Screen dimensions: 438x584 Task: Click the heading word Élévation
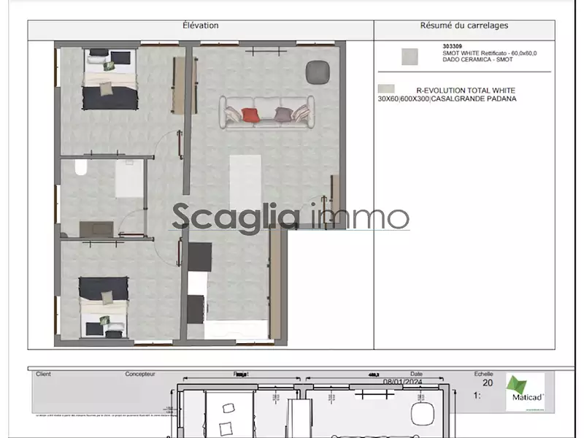pyautogui.click(x=200, y=26)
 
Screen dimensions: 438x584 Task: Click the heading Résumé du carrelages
pyautogui.click(x=464, y=26)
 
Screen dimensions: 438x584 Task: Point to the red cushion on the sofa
pyautogui.click(x=250, y=115)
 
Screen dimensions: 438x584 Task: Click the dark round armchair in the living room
pyautogui.click(x=318, y=71)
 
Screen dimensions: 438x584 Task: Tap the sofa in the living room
pyautogui.click(x=267, y=114)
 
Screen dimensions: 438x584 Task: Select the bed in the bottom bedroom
pyautogui.click(x=104, y=306)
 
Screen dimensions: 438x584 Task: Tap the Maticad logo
pyautogui.click(x=525, y=392)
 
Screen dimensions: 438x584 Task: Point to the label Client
pyautogui.click(x=43, y=373)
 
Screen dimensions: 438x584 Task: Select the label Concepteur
pyautogui.click(x=140, y=373)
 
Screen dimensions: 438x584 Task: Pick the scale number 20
pyautogui.click(x=488, y=382)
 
